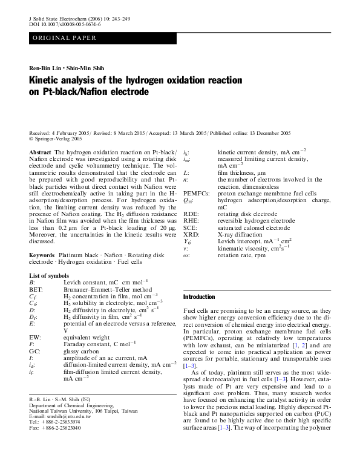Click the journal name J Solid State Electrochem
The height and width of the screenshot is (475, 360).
click(x=59, y=19)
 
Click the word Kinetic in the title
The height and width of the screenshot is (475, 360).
click(x=47, y=80)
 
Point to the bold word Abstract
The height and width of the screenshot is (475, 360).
click(x=40, y=151)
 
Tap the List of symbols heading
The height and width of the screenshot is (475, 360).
click(x=53, y=275)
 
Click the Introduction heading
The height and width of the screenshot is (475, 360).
click(x=198, y=297)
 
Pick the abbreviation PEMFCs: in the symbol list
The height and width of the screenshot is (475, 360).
click(x=197, y=193)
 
